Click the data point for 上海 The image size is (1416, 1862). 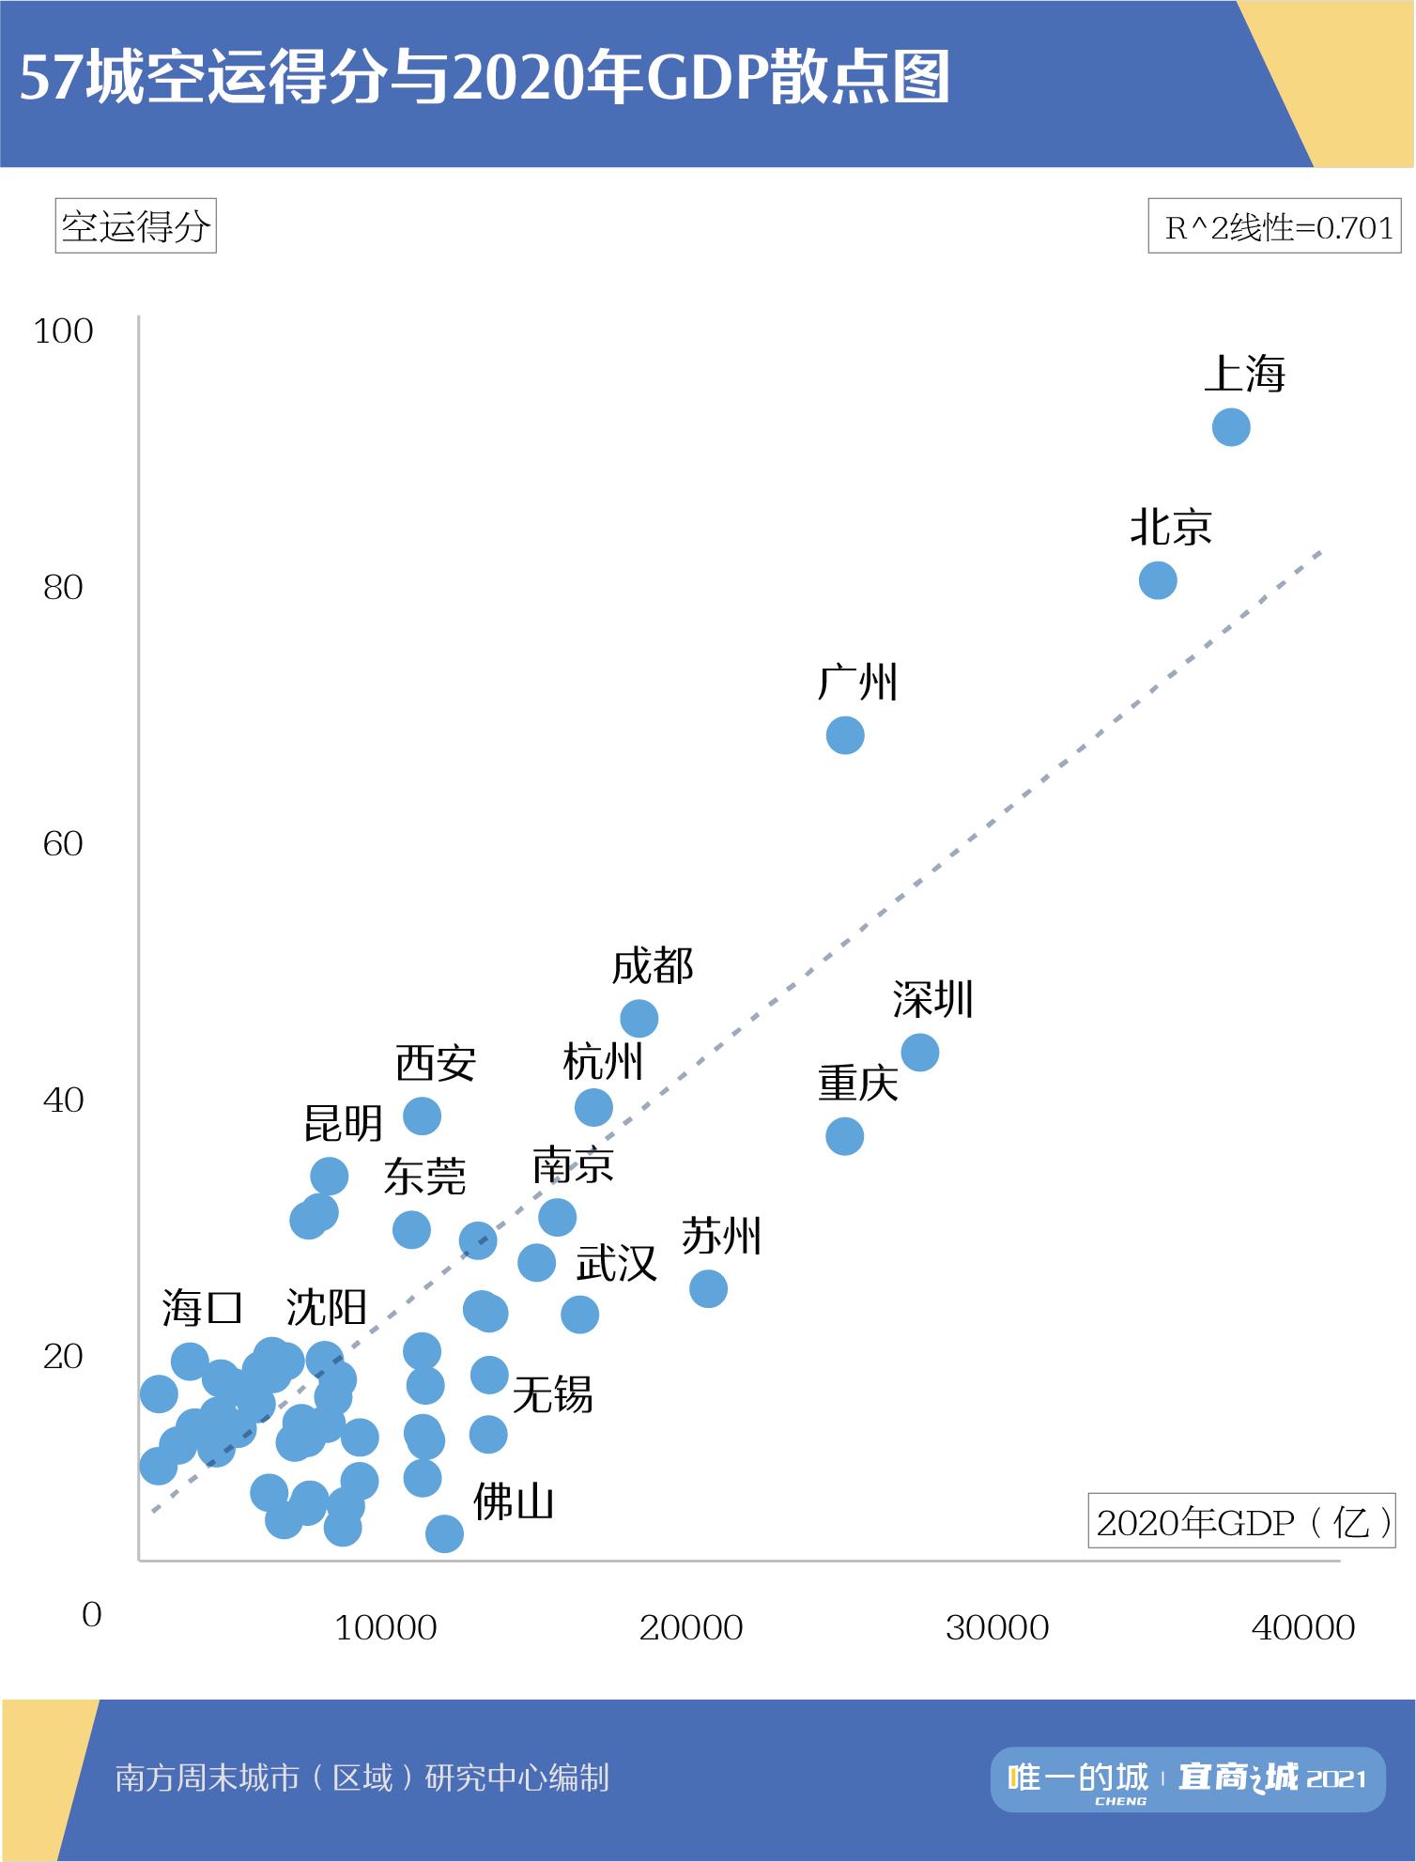tap(1230, 427)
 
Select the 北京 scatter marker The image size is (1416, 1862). tap(1157, 580)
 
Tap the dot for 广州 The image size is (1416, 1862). tap(845, 735)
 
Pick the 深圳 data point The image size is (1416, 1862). tap(919, 1052)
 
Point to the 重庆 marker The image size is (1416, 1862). tap(845, 1136)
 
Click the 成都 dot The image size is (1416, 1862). tap(639, 1019)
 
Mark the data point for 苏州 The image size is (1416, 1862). tap(708, 1288)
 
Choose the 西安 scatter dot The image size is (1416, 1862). tap(422, 1116)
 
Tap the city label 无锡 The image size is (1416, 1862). tap(552, 1394)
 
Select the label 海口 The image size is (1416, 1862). tap(202, 1307)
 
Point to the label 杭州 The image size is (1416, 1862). tap(603, 1063)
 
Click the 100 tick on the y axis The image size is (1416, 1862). tap(64, 331)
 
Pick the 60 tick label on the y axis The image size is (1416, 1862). tap(64, 844)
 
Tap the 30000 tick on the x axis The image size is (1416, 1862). tap(997, 1627)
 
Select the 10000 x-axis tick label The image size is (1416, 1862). tap(386, 1627)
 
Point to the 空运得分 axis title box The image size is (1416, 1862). tap(136, 226)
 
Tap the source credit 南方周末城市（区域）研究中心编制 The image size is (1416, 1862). tap(362, 1777)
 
